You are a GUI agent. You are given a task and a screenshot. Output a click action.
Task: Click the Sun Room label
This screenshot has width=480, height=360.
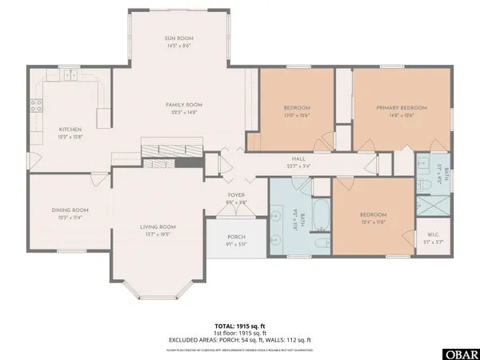tap(179, 38)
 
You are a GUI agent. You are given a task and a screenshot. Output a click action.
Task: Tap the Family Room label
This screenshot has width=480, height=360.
tap(184, 105)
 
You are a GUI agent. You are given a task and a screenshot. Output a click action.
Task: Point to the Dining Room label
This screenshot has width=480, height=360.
tap(70, 210)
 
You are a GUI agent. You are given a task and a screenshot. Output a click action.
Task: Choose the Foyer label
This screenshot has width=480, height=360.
tap(236, 194)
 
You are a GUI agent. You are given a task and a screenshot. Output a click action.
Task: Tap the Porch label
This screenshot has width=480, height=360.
tap(235, 236)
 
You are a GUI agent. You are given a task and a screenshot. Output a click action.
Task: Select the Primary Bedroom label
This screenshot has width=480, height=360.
tap(402, 106)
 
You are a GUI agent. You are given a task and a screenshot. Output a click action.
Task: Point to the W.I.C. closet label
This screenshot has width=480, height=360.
tap(432, 234)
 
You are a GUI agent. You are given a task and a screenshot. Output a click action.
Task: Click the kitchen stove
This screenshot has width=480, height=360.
tap(36, 104)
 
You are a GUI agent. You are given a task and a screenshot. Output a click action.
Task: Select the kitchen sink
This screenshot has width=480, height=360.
tap(71, 76)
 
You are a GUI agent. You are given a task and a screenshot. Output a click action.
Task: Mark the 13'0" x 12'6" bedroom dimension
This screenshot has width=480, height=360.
tap(297, 114)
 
